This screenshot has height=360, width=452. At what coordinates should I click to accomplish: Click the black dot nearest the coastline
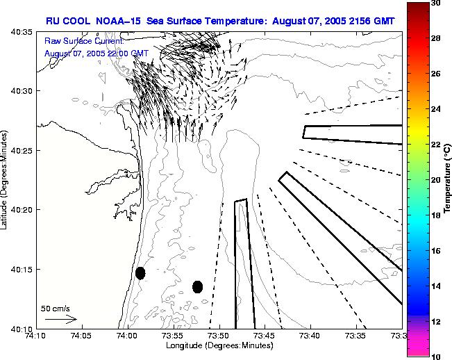[x=140, y=273]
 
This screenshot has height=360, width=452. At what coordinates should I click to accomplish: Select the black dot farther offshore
[x=197, y=286]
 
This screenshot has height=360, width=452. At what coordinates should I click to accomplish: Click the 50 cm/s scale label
[x=54, y=307]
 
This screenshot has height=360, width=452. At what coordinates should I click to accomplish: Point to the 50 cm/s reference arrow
[x=61, y=319]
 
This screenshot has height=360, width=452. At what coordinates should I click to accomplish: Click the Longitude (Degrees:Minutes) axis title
[x=219, y=346]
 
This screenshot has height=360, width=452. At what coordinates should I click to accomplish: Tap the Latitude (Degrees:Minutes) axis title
[x=6, y=180]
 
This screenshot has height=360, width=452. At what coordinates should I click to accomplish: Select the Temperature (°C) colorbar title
[x=449, y=180]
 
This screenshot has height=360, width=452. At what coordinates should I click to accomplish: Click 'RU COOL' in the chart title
[x=67, y=21]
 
